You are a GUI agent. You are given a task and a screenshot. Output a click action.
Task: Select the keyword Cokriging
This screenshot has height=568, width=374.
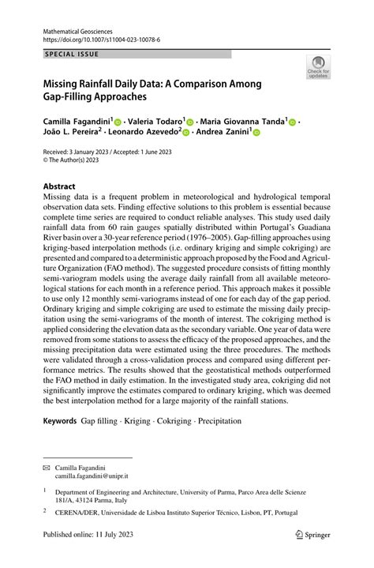(x=174, y=421)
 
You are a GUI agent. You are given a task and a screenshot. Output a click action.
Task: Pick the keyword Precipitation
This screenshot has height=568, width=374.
(x=220, y=421)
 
